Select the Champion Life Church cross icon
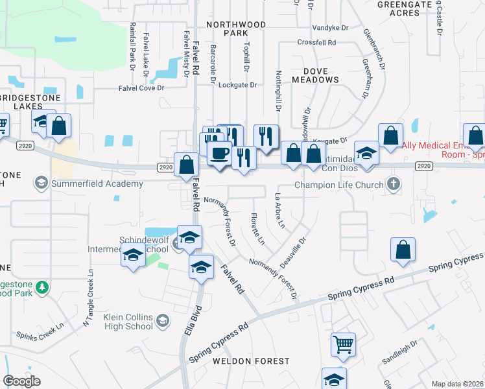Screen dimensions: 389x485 pyautogui.click(x=393, y=184)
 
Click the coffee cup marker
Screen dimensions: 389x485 pyautogui.click(x=219, y=154)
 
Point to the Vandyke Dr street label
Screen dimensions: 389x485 pyautogui.click(x=330, y=28)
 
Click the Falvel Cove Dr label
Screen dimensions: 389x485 pyautogui.click(x=142, y=89)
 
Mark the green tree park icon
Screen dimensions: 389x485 pyautogui.click(x=43, y=287)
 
